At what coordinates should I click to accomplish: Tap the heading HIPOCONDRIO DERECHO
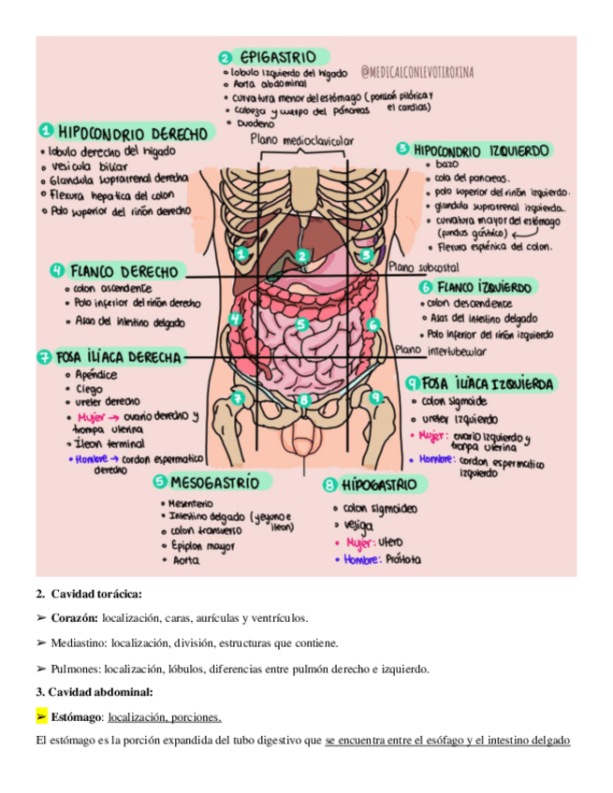tap(132, 132)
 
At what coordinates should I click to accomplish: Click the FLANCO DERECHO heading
tap(123, 271)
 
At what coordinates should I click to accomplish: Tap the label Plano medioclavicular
tap(301, 140)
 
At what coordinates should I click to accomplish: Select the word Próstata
tap(399, 560)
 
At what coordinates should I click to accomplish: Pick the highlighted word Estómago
tap(74, 717)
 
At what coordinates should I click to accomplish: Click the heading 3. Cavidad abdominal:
tap(95, 692)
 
